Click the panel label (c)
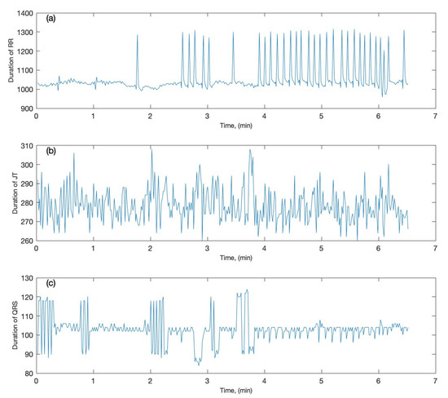point(51,283)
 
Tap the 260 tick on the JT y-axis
point(24,241)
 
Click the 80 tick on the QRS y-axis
point(26,374)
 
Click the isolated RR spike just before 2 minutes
point(137,36)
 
